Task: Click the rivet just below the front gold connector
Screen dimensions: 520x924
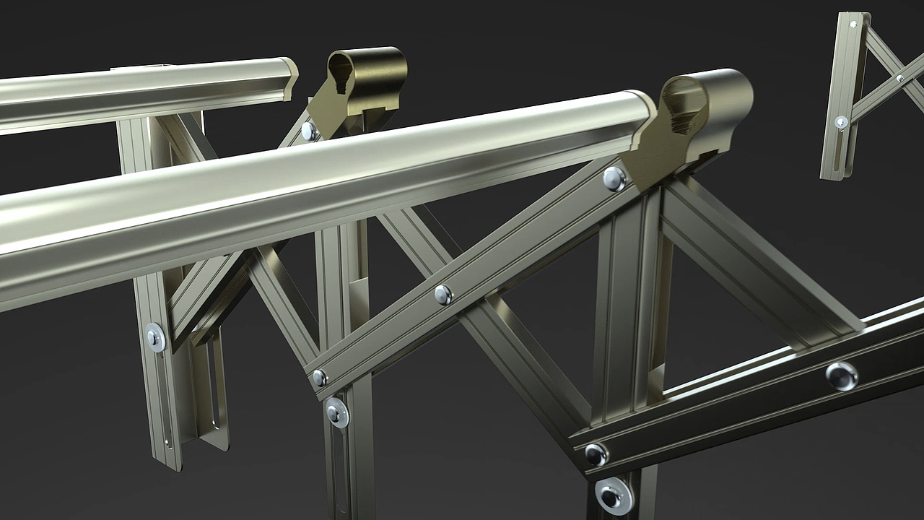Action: pyautogui.click(x=614, y=178)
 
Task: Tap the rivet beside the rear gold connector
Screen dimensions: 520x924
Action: pyautogui.click(x=309, y=131)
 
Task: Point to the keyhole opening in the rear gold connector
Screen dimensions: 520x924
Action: pyautogui.click(x=341, y=74)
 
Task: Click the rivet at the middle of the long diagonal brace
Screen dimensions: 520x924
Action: pyautogui.click(x=443, y=294)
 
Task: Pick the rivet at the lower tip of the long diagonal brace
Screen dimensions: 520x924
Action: pyautogui.click(x=320, y=377)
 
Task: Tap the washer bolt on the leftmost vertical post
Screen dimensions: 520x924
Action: pyautogui.click(x=155, y=337)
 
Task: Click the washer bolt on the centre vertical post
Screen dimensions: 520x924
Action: pyautogui.click(x=336, y=412)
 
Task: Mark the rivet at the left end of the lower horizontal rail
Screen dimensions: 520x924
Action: pyautogui.click(x=596, y=454)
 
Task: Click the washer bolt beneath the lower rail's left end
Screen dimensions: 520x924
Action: pyautogui.click(x=614, y=495)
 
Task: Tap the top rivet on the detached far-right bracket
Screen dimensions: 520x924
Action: pyautogui.click(x=854, y=25)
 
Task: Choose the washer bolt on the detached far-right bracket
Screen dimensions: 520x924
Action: pyautogui.click(x=841, y=123)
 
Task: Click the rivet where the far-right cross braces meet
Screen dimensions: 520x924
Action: pyautogui.click(x=899, y=78)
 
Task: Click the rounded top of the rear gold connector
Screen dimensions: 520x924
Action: pyautogui.click(x=372, y=54)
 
